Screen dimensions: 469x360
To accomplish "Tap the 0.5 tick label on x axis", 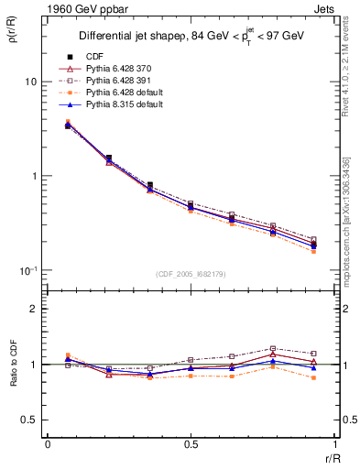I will (x=191, y=443).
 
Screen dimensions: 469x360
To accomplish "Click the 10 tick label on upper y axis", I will (x=30, y=82).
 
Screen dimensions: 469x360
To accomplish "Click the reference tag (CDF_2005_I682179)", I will (x=191, y=274).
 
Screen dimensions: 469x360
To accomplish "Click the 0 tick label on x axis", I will (x=48, y=443).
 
